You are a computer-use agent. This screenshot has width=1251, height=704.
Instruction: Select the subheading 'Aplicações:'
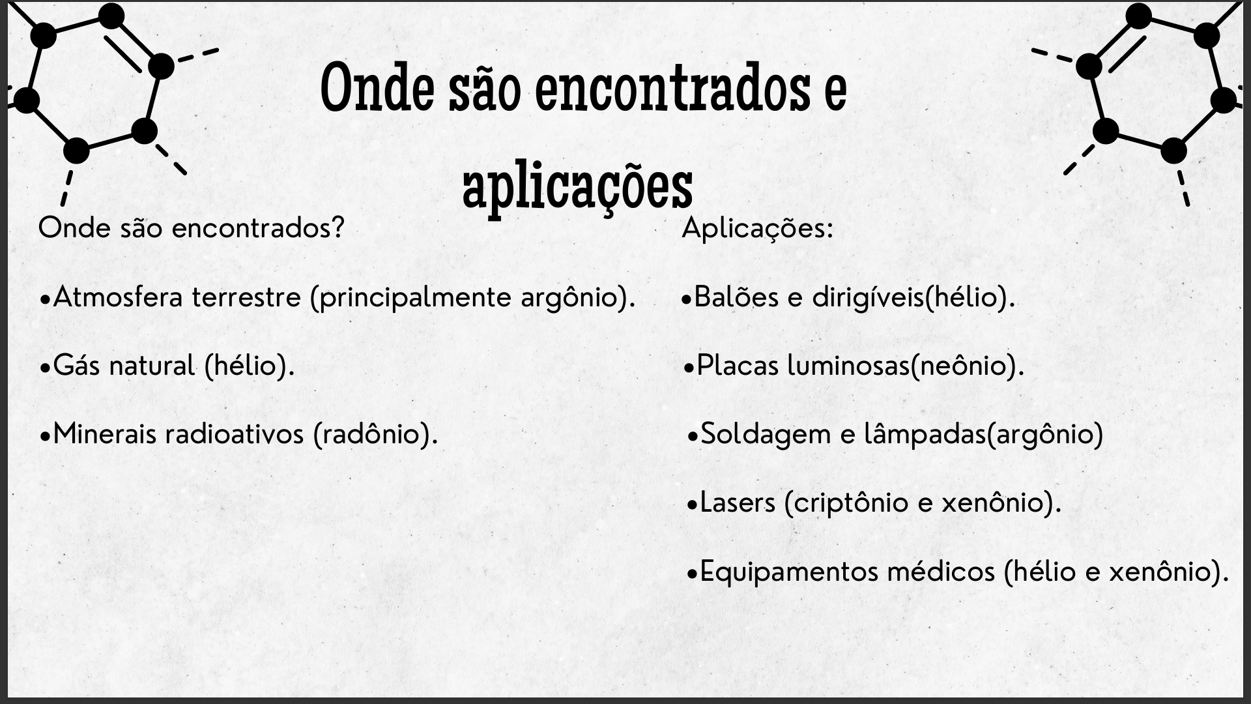click(x=757, y=229)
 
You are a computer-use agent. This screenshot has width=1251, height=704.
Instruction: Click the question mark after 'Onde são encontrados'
click(x=337, y=227)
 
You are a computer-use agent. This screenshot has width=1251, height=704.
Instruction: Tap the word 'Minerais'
click(x=106, y=433)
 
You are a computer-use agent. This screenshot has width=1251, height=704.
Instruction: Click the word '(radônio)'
click(x=375, y=435)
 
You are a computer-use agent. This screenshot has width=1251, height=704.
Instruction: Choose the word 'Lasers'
click(x=738, y=503)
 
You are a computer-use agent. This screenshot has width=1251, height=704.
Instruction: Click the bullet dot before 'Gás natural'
click(x=45, y=368)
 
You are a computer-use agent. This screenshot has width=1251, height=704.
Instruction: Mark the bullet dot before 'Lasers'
click(x=693, y=505)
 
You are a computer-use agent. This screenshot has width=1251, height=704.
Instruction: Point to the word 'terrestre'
click(x=247, y=298)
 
